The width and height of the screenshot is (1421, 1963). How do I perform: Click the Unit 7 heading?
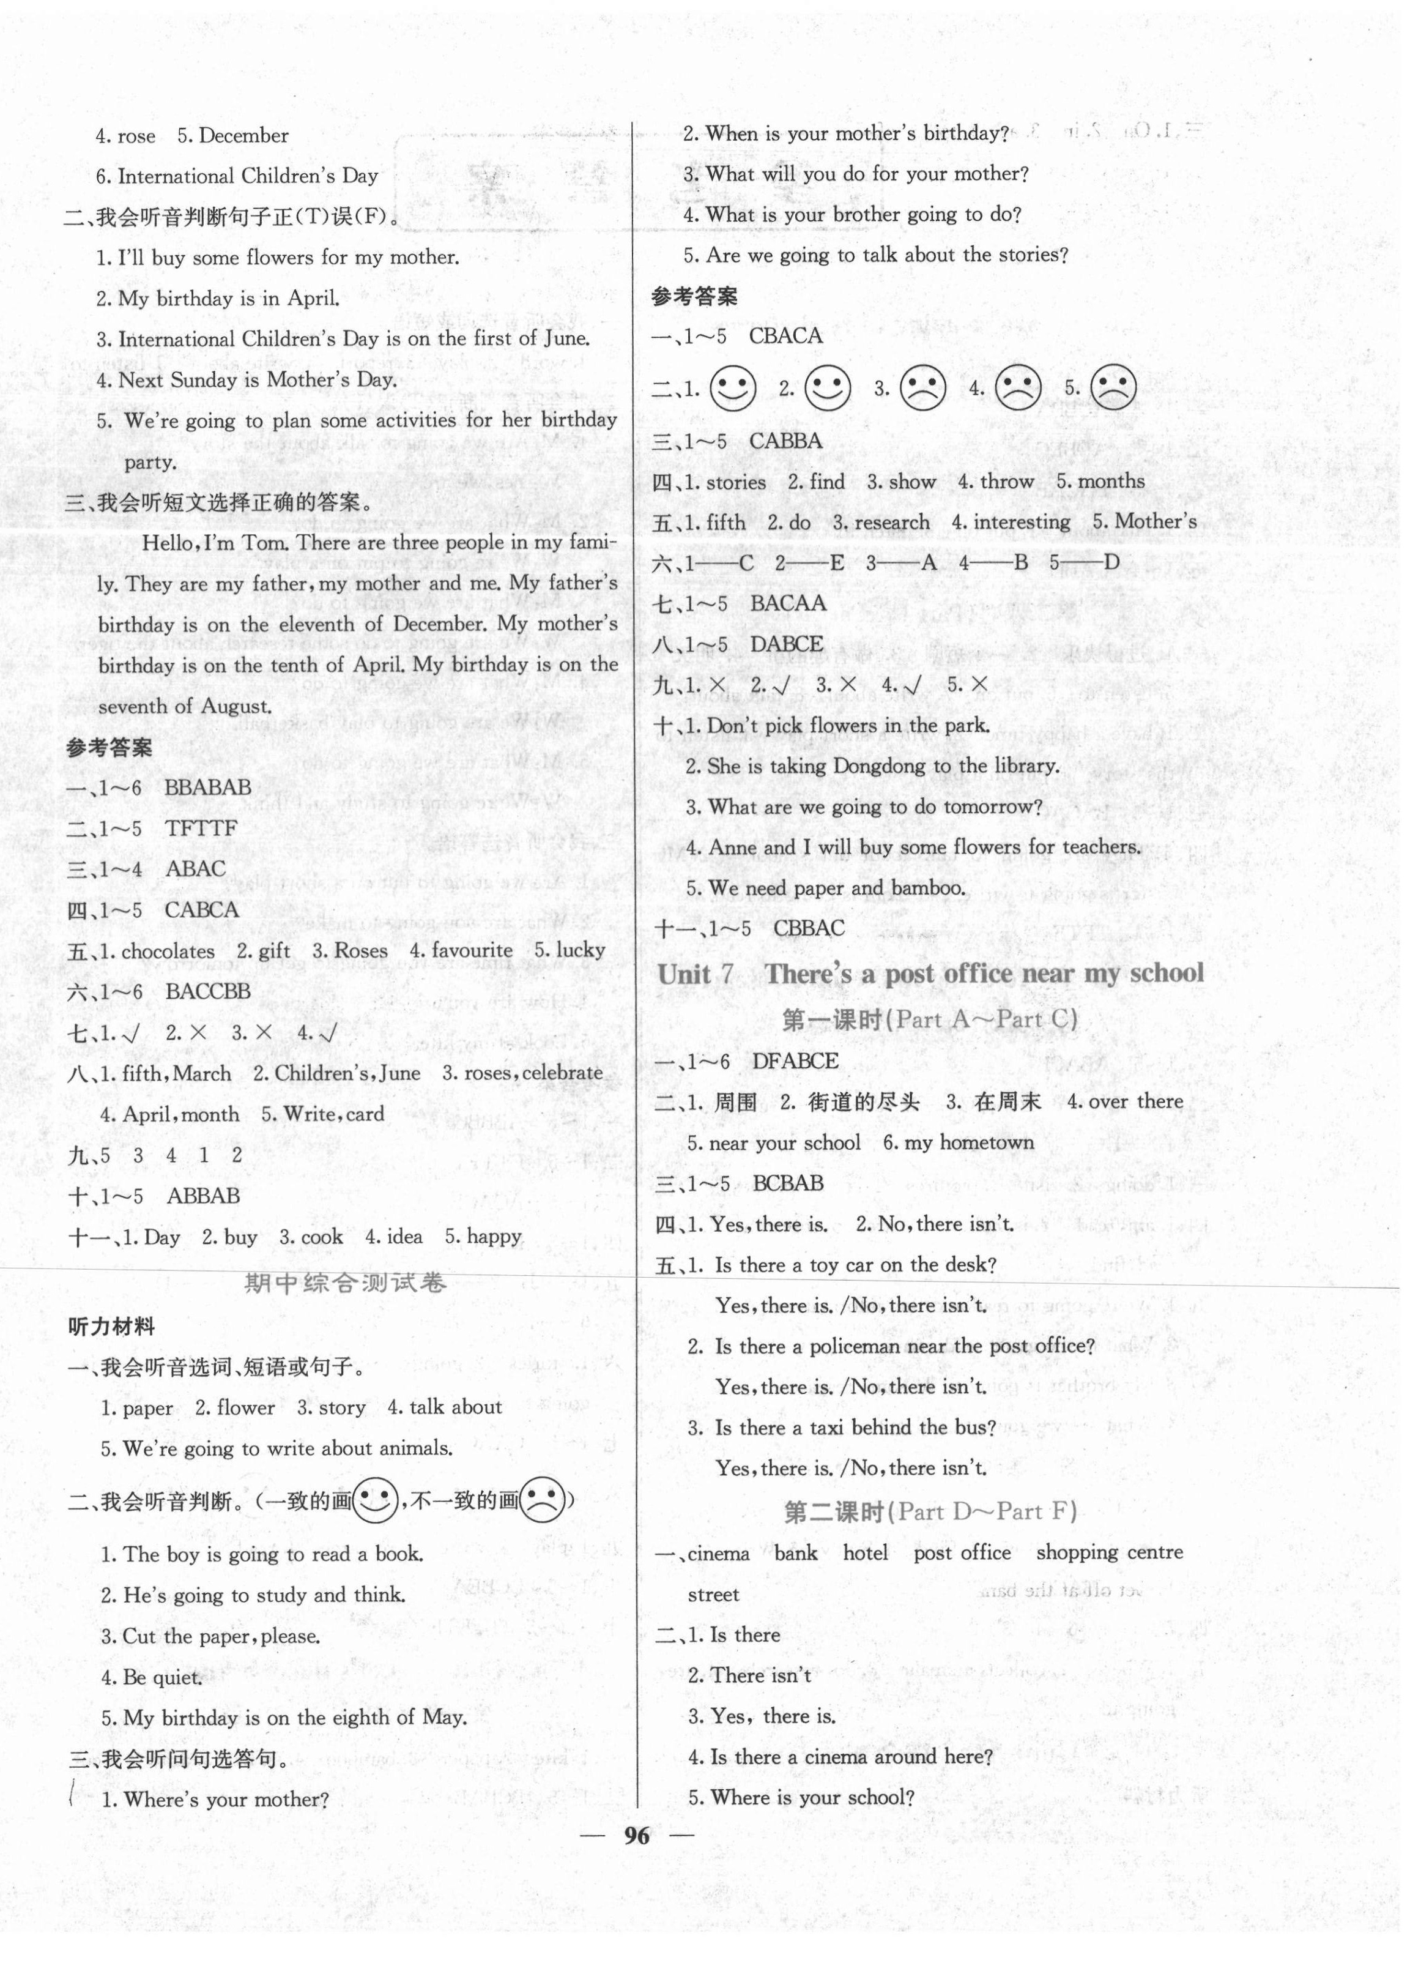click(930, 973)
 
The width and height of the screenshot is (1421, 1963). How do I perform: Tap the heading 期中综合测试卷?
click(345, 1283)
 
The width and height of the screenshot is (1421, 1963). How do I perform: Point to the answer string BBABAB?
click(208, 788)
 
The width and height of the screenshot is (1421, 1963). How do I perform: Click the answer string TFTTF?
click(201, 829)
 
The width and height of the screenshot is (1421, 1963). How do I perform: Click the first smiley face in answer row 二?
click(732, 388)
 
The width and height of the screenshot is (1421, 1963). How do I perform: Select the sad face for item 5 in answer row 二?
click(1112, 388)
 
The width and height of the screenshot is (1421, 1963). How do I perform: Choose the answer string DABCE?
click(787, 644)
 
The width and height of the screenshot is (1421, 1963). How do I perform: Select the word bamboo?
click(927, 888)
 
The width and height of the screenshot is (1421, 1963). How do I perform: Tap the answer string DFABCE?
click(795, 1061)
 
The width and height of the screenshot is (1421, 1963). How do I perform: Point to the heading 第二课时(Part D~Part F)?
click(929, 1511)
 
